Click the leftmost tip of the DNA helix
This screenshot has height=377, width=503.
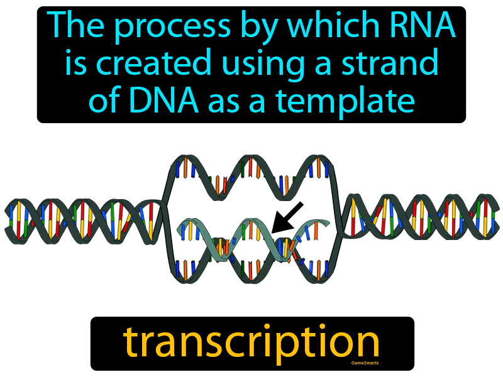[x=8, y=220]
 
